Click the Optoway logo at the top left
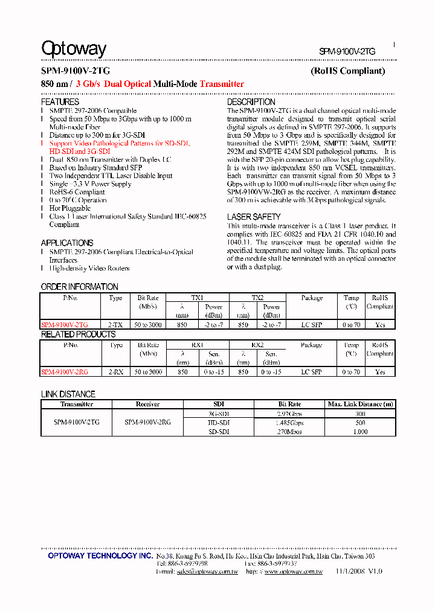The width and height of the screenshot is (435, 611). tap(74, 49)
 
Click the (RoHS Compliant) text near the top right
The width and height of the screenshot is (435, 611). tap(347, 71)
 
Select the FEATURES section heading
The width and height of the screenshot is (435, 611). tap(60, 103)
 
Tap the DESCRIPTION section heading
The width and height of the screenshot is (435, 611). tap(251, 103)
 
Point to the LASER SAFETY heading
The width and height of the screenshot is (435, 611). tap(254, 217)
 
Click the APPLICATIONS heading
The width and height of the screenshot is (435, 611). tap(67, 243)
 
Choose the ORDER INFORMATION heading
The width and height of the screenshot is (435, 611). tap(80, 287)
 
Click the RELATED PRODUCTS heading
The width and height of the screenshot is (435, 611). tap(78, 334)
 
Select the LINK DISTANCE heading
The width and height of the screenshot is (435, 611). tap(68, 394)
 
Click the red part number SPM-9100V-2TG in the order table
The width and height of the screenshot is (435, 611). tap(65, 325)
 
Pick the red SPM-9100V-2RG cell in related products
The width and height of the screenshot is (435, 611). tap(65, 373)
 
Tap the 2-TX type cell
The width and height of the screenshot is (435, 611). tap(115, 325)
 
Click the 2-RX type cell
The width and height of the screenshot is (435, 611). tap(115, 373)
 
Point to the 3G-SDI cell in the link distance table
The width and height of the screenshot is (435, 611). tap(219, 414)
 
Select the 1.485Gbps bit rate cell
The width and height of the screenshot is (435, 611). tap(289, 423)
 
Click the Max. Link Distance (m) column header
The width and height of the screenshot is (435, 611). tap(360, 404)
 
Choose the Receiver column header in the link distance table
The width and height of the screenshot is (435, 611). tap(147, 404)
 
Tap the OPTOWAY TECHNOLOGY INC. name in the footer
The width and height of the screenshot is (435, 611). tap(100, 555)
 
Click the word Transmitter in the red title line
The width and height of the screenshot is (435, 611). tap(222, 84)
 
